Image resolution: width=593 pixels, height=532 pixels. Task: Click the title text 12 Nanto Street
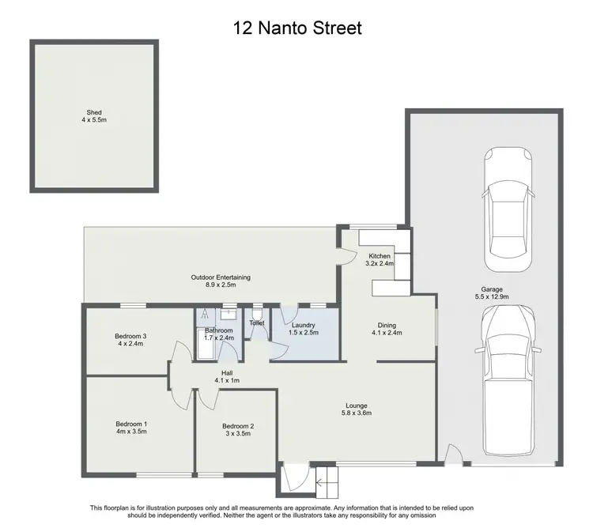click(x=296, y=29)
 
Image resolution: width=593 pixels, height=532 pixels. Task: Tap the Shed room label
click(x=95, y=113)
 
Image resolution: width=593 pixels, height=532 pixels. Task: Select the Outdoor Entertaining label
click(x=221, y=277)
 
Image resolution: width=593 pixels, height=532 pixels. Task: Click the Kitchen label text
click(x=380, y=256)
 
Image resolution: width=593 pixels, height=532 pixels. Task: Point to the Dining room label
click(x=387, y=325)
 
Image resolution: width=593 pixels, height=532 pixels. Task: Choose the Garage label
click(x=492, y=289)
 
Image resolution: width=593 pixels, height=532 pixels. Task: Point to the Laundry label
click(x=304, y=325)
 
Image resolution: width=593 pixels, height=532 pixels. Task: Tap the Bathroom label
click(x=219, y=330)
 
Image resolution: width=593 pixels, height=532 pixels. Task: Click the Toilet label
click(x=256, y=323)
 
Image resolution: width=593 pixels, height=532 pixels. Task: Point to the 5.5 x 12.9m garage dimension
click(x=492, y=298)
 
